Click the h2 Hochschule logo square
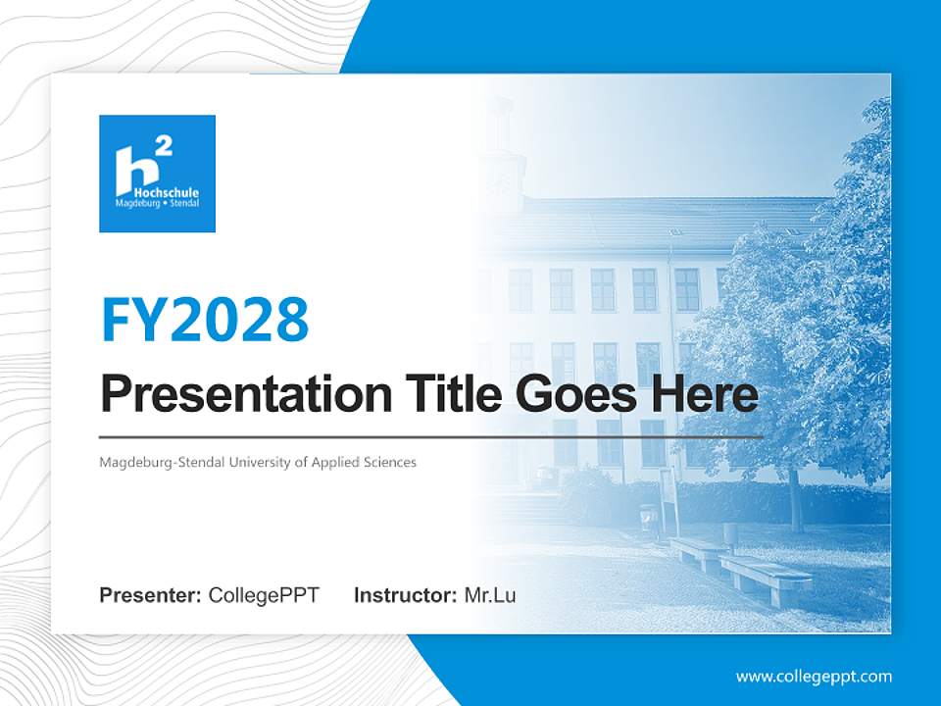[157, 174]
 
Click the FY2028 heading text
[205, 320]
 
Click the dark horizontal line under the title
[431, 436]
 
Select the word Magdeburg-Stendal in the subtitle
[162, 462]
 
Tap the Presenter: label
[150, 595]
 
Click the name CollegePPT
[264, 595]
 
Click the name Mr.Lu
[490, 595]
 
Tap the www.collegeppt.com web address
[814, 677]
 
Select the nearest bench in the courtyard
[766, 579]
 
